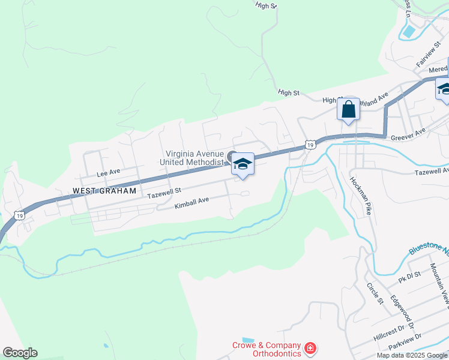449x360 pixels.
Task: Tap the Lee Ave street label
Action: [109, 173]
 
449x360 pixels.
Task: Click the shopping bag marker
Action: [348, 110]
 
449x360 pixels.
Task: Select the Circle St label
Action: [375, 292]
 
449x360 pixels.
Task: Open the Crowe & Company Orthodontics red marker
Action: [310, 349]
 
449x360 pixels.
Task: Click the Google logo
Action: [20, 353]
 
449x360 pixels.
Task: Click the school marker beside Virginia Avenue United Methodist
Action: [243, 164]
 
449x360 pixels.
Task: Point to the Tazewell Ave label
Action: [431, 172]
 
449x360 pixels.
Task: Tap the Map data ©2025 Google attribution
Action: [412, 355]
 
